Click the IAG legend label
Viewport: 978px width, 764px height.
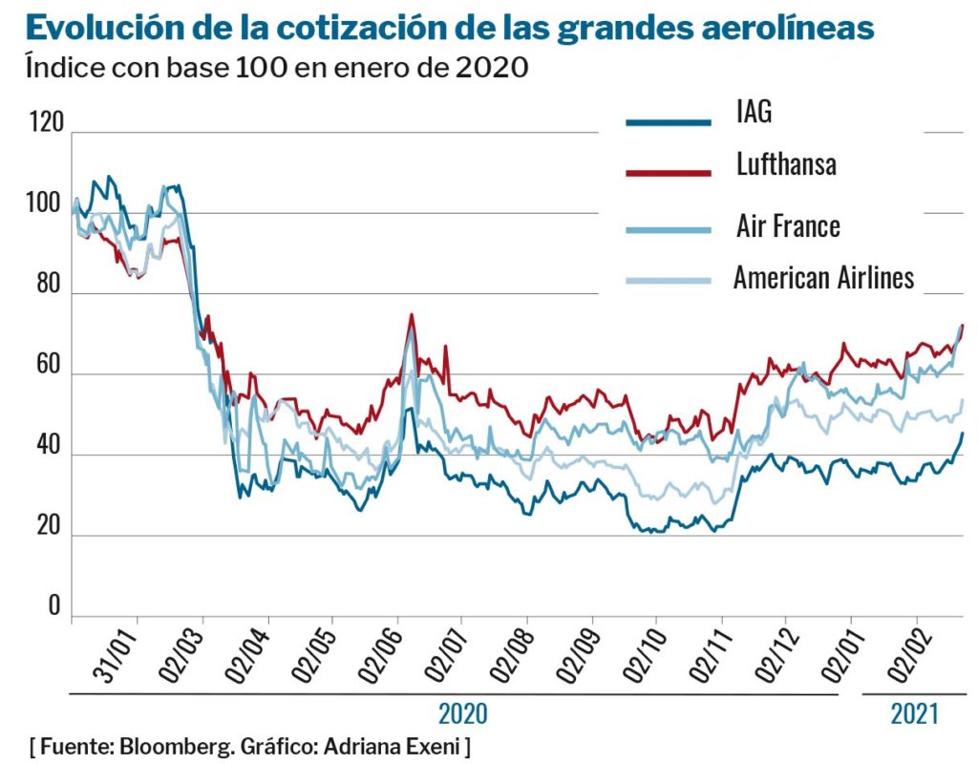754,112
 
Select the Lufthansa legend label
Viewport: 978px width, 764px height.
786,163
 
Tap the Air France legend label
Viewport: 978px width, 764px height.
788,226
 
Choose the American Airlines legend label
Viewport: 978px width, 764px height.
823,277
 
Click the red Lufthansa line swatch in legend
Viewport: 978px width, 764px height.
669,172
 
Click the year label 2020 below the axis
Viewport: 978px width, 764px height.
462,713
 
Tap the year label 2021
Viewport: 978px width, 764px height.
914,712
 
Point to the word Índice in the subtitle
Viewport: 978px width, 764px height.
59,69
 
